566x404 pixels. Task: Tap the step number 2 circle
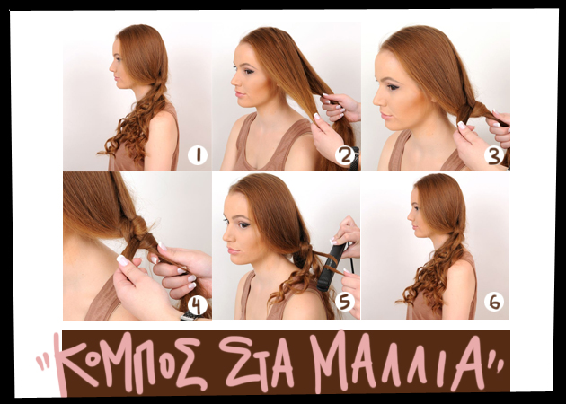point(345,155)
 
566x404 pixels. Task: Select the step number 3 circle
point(494,155)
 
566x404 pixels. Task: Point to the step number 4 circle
point(198,306)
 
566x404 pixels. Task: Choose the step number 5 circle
point(345,302)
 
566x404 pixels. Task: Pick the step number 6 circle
point(494,302)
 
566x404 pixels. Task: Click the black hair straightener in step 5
point(330,267)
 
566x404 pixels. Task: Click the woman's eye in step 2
point(248,71)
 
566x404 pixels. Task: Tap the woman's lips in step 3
point(385,116)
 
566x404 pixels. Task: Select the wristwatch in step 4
point(190,316)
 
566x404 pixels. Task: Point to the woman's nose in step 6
point(410,216)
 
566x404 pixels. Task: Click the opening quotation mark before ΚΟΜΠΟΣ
point(42,364)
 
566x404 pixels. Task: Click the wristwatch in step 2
point(355,159)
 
